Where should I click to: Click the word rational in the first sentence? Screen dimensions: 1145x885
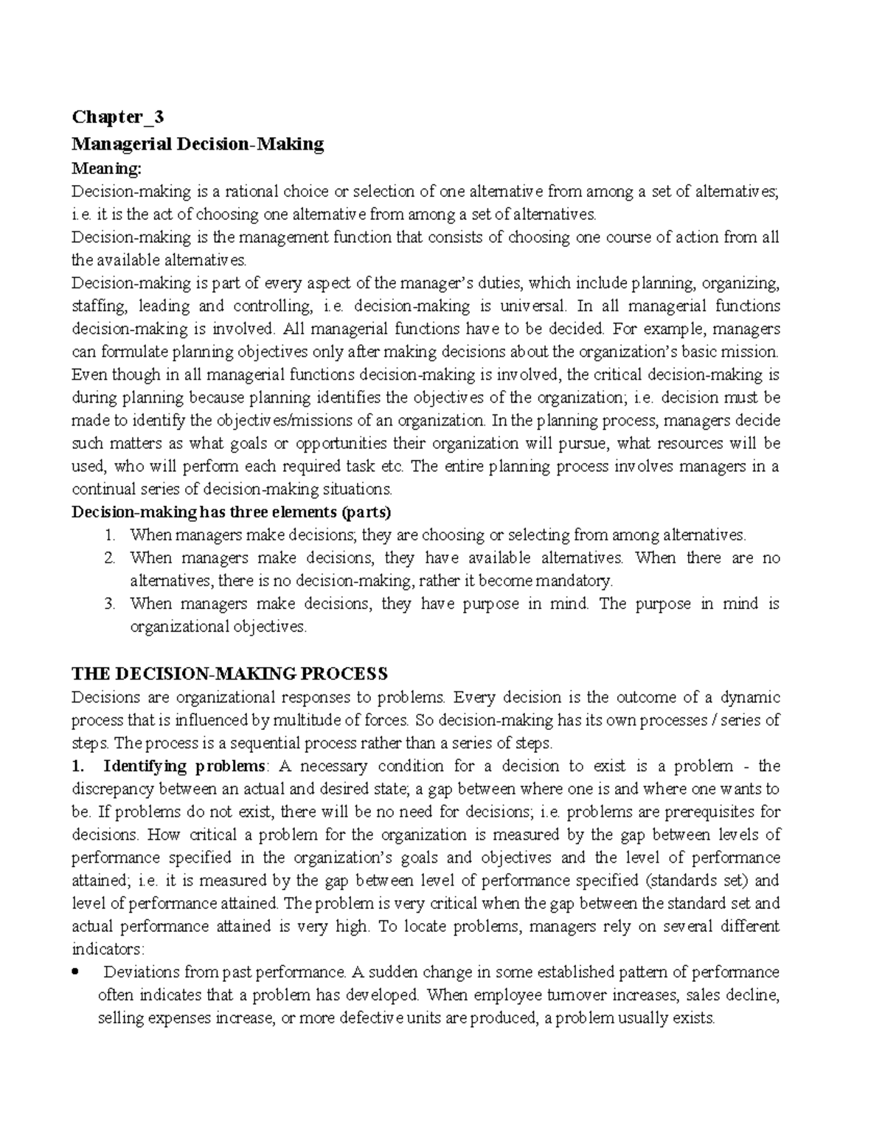click(252, 192)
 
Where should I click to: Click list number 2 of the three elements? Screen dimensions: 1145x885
click(110, 558)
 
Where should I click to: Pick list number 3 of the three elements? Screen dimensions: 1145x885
click(110, 604)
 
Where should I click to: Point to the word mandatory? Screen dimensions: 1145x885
click(574, 580)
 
